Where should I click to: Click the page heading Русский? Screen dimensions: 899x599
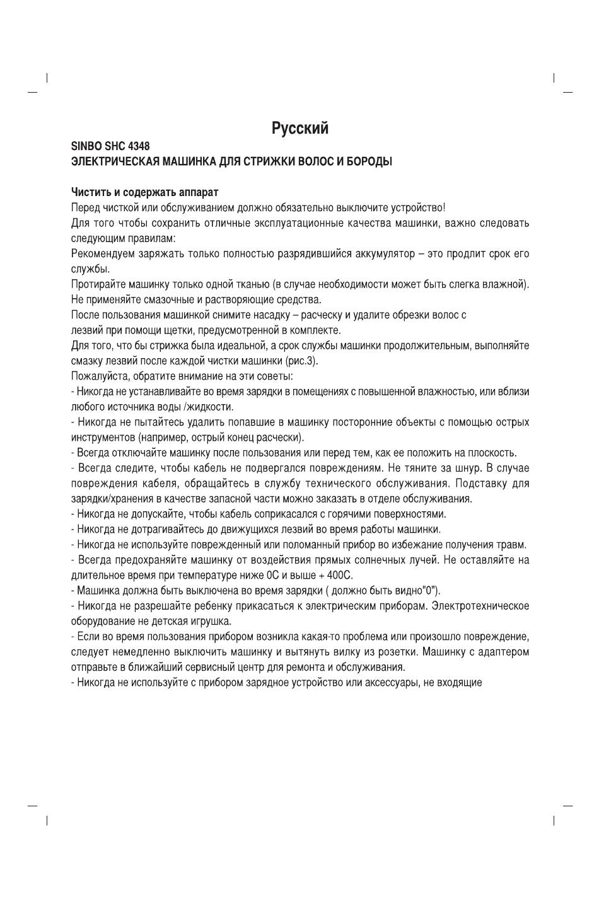click(x=300, y=129)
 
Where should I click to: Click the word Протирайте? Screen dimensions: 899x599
click(x=96, y=284)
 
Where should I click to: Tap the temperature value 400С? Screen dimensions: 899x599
click(x=340, y=576)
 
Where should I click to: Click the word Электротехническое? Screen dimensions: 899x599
click(x=480, y=606)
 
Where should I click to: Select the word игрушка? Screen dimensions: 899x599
click(x=209, y=622)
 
